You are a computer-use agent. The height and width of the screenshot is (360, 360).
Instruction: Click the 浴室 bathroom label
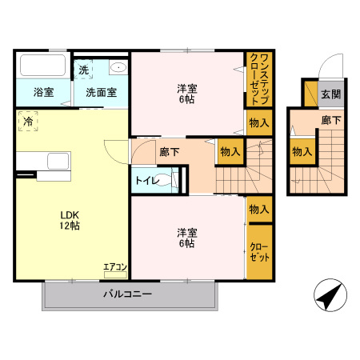click(43, 92)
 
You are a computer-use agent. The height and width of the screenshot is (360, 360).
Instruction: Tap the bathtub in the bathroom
click(44, 66)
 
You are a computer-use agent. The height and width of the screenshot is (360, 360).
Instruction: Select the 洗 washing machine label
click(84, 70)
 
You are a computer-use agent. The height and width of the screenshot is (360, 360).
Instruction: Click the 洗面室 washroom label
click(102, 92)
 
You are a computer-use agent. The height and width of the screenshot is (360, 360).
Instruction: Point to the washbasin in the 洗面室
click(118, 67)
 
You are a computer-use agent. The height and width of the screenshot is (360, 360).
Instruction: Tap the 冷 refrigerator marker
click(28, 122)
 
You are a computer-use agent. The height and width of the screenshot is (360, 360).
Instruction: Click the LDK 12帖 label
click(67, 220)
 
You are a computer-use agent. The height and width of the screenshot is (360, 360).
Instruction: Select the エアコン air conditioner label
click(114, 267)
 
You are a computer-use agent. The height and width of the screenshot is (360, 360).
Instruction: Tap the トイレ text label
click(146, 181)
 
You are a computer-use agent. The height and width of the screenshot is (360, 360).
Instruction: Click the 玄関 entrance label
click(330, 94)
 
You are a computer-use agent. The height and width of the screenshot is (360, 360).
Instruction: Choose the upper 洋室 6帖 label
click(186, 94)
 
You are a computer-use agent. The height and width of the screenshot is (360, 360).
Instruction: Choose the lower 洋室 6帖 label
click(186, 238)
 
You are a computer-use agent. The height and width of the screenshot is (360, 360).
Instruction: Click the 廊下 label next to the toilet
click(169, 151)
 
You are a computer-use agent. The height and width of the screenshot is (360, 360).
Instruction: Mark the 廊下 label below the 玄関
click(330, 120)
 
